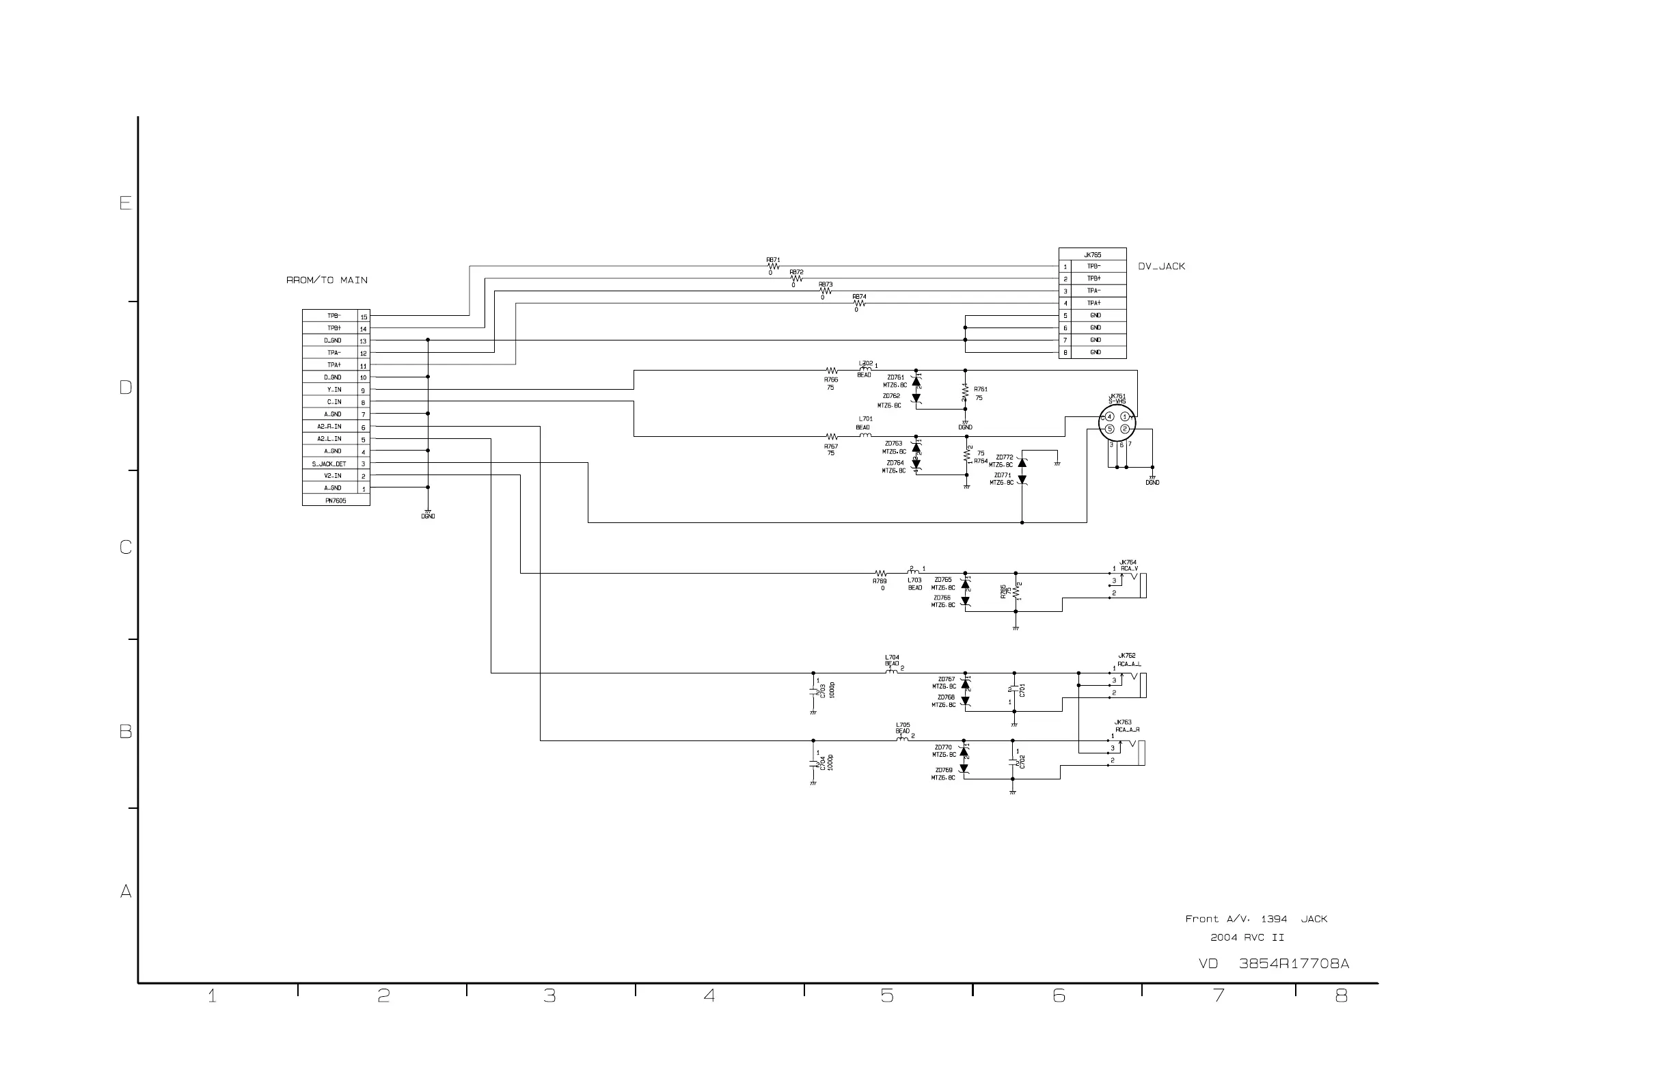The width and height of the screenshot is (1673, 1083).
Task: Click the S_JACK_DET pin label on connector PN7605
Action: pos(329,464)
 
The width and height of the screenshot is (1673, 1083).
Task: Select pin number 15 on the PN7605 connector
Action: pos(364,317)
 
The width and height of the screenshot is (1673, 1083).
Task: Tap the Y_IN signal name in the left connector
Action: pos(334,390)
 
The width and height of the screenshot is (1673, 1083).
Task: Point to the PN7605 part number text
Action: pos(336,500)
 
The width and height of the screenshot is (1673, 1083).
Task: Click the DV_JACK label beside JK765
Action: pos(1161,267)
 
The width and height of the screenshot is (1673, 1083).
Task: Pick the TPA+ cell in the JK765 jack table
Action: pos(1094,303)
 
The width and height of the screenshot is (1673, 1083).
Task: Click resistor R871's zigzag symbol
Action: pos(773,267)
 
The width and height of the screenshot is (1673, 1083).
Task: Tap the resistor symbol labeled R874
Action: pos(859,303)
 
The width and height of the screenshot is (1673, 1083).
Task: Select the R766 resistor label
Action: pos(831,379)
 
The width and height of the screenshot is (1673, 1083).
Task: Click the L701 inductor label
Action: pos(865,419)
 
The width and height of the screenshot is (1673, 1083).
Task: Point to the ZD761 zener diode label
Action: pos(895,377)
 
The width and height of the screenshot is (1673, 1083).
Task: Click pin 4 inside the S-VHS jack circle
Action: pos(1110,417)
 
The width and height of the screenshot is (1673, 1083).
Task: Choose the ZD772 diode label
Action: pos(1005,457)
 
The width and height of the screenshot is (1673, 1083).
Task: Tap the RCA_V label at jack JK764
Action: pos(1130,568)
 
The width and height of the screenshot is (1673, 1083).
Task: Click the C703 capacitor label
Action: pos(822,691)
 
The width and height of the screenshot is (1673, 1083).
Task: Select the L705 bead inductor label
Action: pos(903,725)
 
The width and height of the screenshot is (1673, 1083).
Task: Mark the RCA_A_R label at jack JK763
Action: pos(1128,730)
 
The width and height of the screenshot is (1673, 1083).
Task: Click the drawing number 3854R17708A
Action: pos(1294,963)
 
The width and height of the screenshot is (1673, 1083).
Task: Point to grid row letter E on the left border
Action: pos(125,203)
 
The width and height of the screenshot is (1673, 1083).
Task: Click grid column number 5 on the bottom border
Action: pos(887,995)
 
